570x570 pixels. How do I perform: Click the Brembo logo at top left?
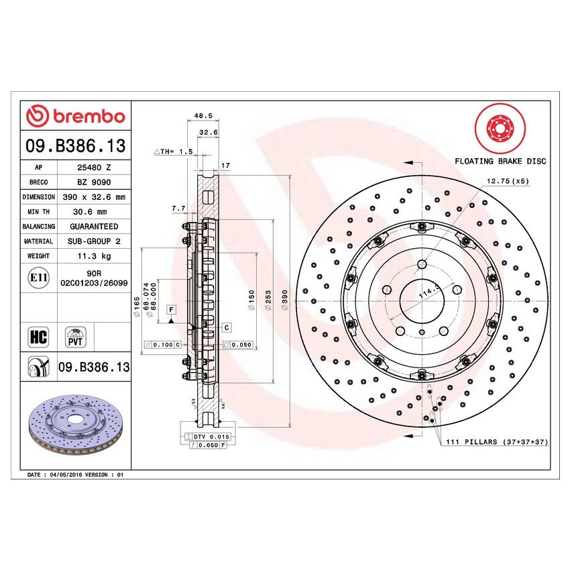(x=76, y=116)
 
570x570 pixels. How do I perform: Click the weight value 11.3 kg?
(x=93, y=256)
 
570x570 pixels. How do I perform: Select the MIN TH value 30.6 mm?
(x=93, y=212)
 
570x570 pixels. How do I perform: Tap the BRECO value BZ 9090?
(x=93, y=182)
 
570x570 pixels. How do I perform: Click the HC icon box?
(x=39, y=337)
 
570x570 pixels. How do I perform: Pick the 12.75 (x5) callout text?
(x=508, y=181)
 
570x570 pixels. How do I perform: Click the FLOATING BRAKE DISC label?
(x=500, y=162)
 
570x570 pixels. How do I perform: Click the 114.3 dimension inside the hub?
(x=427, y=293)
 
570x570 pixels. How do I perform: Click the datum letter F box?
(x=172, y=309)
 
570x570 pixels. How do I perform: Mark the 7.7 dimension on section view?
(x=178, y=209)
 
